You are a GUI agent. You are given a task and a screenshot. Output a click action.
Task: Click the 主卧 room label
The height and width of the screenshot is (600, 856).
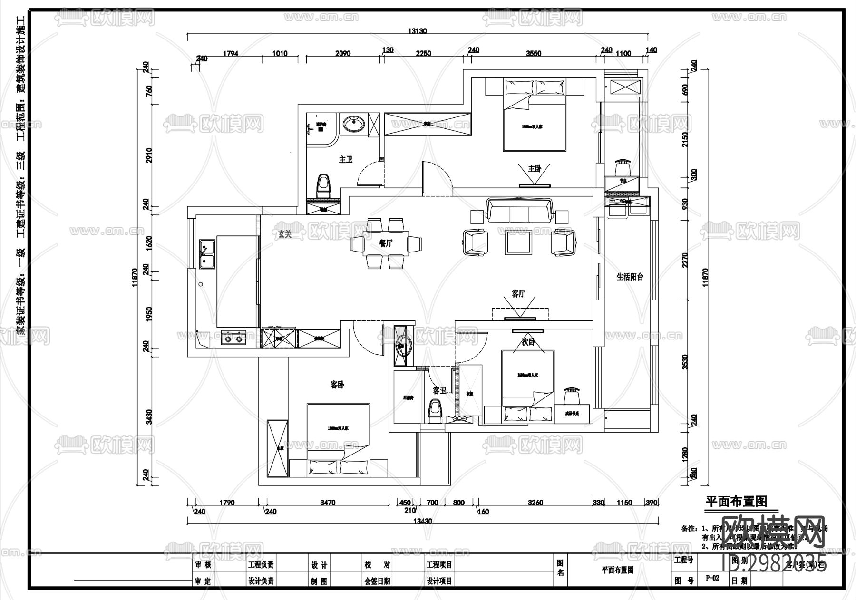535,168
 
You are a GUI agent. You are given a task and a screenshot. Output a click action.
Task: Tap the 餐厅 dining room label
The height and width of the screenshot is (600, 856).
386,243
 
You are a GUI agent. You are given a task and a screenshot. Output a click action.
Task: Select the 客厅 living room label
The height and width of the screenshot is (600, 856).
518,294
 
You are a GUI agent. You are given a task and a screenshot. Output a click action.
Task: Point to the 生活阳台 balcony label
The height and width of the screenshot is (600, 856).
630,277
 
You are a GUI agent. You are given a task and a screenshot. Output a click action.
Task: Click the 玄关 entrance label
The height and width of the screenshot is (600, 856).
284,234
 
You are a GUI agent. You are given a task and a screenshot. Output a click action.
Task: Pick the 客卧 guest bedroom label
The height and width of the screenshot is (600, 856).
337,385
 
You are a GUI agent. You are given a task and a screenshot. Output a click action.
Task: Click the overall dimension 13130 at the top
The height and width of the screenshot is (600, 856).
418,31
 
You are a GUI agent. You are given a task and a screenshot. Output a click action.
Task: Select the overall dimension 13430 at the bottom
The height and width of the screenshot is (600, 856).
422,521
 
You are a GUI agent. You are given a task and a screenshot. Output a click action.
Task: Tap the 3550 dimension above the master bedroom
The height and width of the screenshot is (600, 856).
534,54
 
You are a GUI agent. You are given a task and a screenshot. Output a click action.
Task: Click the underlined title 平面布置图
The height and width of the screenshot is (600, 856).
735,501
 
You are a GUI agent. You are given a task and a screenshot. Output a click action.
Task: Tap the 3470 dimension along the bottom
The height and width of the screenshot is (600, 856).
328,503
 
